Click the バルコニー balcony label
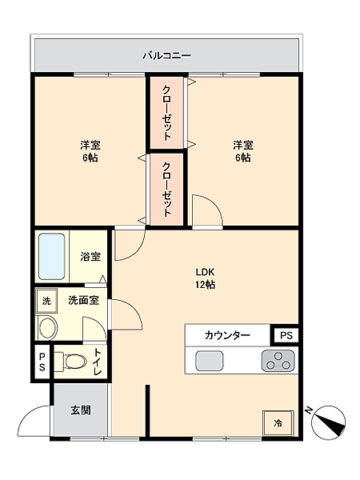[x=166, y=55]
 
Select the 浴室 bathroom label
[x=90, y=257]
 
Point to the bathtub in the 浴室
[x=52, y=255]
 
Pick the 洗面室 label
[x=83, y=300]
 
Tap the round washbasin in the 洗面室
[x=48, y=327]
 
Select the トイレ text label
[x=98, y=361]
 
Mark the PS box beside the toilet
[x=42, y=361]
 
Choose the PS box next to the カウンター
[x=285, y=335]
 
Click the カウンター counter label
[x=227, y=335]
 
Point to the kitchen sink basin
[x=209, y=361]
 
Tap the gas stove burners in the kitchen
[x=278, y=361]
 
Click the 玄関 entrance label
[x=81, y=410]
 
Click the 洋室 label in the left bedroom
[x=90, y=151]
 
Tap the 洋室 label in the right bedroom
[x=243, y=151]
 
